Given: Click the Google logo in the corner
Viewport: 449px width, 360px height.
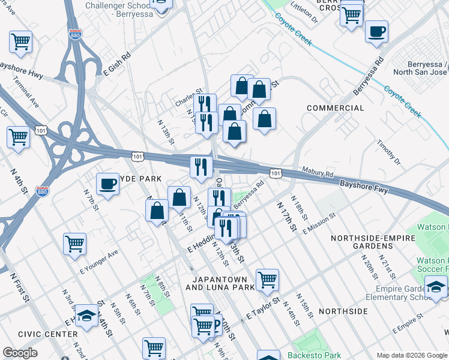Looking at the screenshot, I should [x=20, y=353].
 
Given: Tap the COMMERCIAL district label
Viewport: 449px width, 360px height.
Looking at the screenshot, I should [x=335, y=108].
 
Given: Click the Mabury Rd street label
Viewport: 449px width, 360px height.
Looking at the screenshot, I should [x=318, y=175].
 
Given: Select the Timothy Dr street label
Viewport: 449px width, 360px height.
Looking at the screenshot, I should [x=389, y=153].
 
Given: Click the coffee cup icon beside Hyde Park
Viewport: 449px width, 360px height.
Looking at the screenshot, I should [x=107, y=184].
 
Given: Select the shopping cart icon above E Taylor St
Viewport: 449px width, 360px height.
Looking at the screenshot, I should [x=267, y=280].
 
